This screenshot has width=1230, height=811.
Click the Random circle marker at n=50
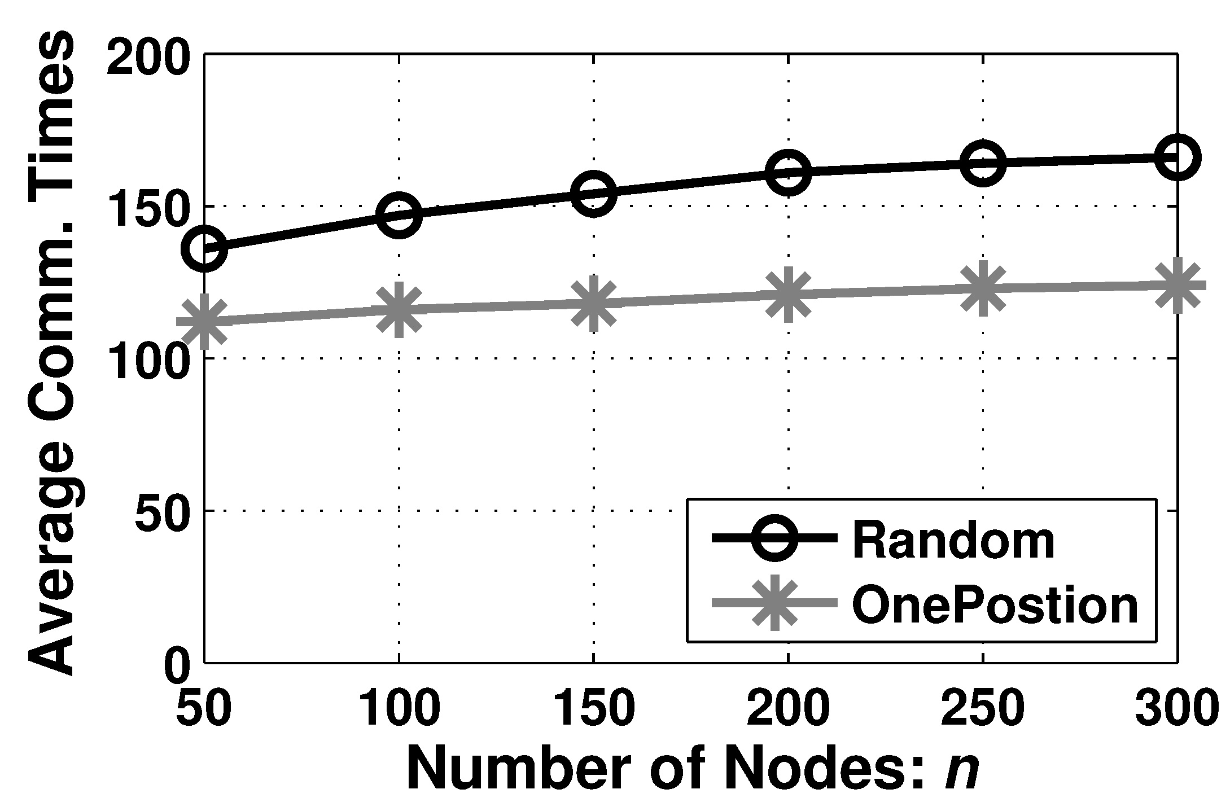pyautogui.click(x=204, y=249)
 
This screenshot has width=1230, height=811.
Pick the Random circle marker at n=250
pyautogui.click(x=983, y=163)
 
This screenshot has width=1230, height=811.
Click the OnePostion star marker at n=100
pyautogui.click(x=399, y=309)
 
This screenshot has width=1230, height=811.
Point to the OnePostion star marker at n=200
pyautogui.click(x=788, y=294)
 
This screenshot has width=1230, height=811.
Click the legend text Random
pyautogui.click(x=953, y=541)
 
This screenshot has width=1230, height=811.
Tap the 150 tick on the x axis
pyautogui.click(x=593, y=707)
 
